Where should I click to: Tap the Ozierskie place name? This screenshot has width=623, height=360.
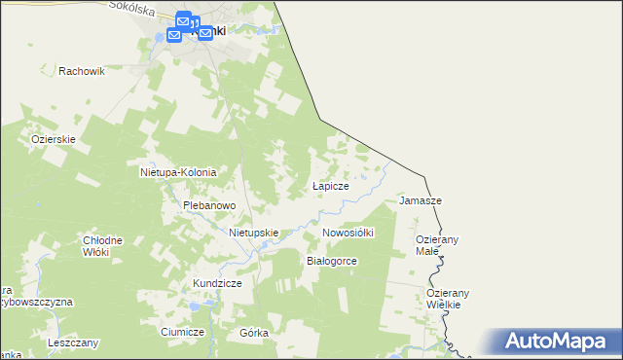pyautogui.click(x=54, y=139)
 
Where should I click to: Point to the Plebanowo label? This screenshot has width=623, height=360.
pyautogui.click(x=210, y=206)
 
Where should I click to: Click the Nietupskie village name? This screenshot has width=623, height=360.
pyautogui.click(x=254, y=234)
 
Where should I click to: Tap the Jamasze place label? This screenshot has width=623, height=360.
pyautogui.click(x=421, y=200)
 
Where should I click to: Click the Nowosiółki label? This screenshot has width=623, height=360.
pyautogui.click(x=348, y=234)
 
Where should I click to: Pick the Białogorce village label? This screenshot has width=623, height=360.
pyautogui.click(x=333, y=262)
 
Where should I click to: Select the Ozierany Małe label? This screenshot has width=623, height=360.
pyautogui.click(x=436, y=245)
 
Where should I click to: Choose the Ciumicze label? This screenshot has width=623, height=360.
pyautogui.click(x=182, y=332)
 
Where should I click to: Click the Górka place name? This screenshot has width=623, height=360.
pyautogui.click(x=253, y=332)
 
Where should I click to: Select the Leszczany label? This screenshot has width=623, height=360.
pyautogui.click(x=73, y=343)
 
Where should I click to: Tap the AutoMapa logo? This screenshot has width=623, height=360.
pyautogui.click(x=562, y=341)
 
